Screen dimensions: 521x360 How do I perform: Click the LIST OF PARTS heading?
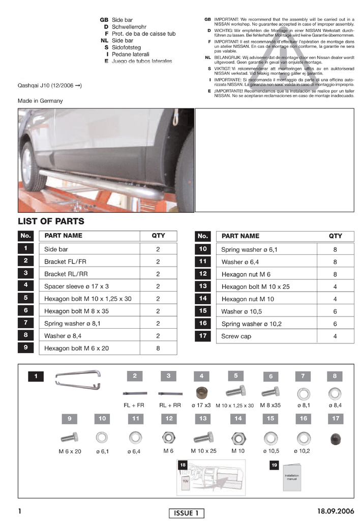click(x=51, y=221)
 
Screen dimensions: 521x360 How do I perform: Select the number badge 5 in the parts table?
click(x=25, y=298)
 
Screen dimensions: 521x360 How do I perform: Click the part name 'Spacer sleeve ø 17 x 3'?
click(x=76, y=286)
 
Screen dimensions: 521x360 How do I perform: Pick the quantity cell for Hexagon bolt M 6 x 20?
click(x=158, y=349)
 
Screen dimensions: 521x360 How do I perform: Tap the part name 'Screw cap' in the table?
click(x=236, y=336)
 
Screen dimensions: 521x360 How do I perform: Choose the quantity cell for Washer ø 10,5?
click(x=335, y=311)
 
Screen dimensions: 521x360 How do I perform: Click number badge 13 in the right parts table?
click(x=203, y=286)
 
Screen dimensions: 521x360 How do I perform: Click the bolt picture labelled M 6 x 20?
click(x=69, y=437)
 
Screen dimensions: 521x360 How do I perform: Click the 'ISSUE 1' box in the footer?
click(x=186, y=513)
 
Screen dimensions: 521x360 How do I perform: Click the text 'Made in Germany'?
click(x=40, y=101)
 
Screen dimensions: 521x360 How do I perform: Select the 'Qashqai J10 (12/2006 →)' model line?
click(x=49, y=85)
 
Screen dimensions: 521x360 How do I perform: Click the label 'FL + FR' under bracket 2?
click(x=134, y=406)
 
